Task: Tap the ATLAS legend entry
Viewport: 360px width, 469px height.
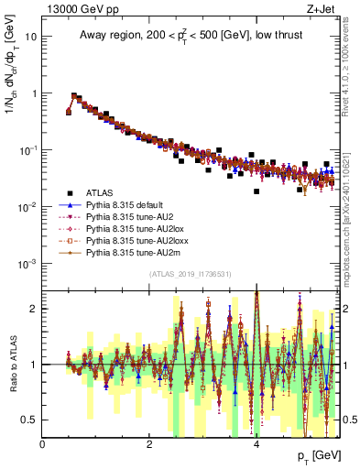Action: point(99,193)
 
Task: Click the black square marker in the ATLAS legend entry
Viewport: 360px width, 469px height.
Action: point(70,193)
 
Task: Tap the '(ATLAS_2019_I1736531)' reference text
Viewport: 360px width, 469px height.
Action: point(190,274)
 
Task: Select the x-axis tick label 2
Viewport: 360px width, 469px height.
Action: point(149,444)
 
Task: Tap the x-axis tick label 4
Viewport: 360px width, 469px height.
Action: point(256,444)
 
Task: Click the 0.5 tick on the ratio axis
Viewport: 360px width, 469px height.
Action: point(29,420)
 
